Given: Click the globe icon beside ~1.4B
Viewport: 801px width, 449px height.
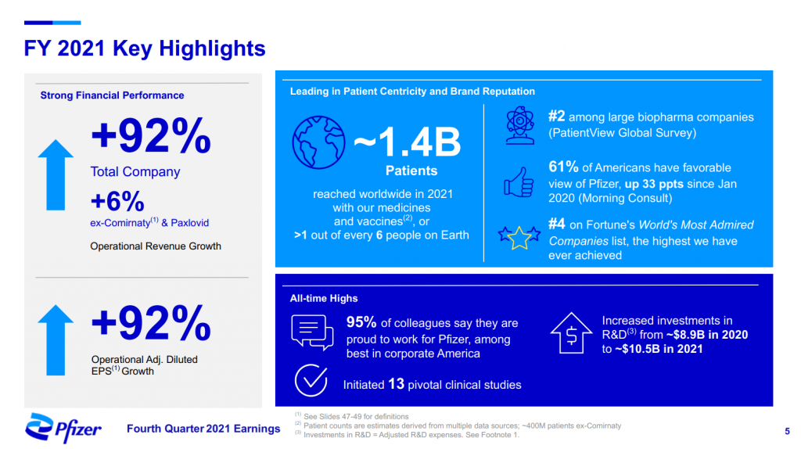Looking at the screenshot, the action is (318, 142).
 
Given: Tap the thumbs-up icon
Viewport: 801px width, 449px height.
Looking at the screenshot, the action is (519, 182).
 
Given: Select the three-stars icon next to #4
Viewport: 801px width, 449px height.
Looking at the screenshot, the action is (519, 238).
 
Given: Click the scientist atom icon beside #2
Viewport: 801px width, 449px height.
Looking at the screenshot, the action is (520, 125).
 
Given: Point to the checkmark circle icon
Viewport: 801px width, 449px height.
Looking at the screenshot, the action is (311, 380).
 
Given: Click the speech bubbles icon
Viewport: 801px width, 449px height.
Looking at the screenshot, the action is (312, 332).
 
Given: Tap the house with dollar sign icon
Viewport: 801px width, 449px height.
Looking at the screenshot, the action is (571, 333).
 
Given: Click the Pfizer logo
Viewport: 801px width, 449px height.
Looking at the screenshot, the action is (63, 427).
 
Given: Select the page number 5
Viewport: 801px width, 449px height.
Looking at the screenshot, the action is (787, 431).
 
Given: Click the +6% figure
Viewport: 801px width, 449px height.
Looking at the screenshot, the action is (117, 201).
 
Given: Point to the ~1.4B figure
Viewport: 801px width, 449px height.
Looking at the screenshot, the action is (407, 142).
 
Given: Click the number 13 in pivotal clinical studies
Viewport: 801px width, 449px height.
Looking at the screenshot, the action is (396, 383).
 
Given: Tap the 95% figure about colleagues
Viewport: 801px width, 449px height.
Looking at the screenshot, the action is (361, 321).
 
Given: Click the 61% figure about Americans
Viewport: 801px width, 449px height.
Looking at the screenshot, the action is (563, 167).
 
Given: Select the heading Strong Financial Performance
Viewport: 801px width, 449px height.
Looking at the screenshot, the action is (112, 95).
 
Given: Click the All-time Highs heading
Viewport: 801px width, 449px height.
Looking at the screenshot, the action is (324, 298).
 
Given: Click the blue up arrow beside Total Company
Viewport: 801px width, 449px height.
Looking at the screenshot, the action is (56, 174).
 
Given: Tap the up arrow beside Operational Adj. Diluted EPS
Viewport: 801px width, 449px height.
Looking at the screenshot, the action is (56, 340).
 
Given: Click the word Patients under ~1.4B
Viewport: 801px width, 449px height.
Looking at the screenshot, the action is (411, 171).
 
